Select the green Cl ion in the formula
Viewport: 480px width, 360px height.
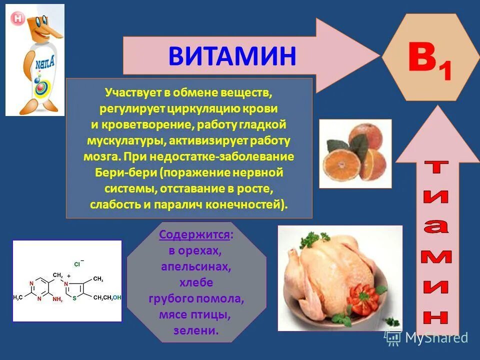point(77,263)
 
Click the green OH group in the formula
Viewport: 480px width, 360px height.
point(116,297)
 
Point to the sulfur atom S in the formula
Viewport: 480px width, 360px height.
point(74,298)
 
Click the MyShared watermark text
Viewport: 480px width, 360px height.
point(436,338)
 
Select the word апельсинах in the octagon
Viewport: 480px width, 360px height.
point(196,267)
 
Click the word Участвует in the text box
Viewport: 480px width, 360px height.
point(127,92)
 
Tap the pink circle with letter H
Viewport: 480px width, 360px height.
point(18,18)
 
